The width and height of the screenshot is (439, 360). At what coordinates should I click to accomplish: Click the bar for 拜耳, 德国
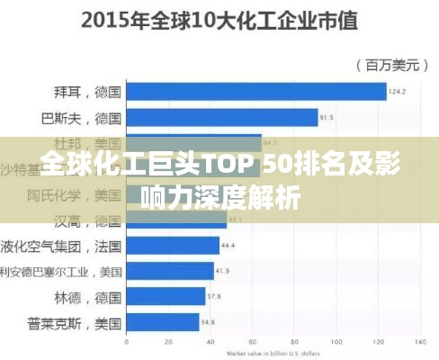pyautogui.click(x=255, y=92)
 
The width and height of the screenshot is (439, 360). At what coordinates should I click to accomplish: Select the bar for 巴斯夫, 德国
pyautogui.click(x=221, y=117)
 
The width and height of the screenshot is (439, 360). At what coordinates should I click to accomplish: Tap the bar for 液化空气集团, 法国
pyautogui.click(x=172, y=245)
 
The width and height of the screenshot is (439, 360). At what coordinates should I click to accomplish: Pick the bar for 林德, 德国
pyautogui.click(x=165, y=296)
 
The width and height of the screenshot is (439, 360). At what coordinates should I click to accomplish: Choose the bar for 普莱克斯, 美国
pyautogui.click(x=162, y=321)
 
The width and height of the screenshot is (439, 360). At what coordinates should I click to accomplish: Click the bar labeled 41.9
pyautogui.click(x=169, y=270)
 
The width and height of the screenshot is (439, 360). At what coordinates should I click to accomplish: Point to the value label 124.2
pyautogui.click(x=398, y=92)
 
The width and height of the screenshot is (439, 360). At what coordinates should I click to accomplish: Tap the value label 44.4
pyautogui.click(x=228, y=245)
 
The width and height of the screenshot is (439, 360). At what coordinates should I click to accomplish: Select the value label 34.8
pyautogui.click(x=208, y=321)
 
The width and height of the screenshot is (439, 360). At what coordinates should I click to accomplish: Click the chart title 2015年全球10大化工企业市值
pyautogui.click(x=219, y=20)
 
